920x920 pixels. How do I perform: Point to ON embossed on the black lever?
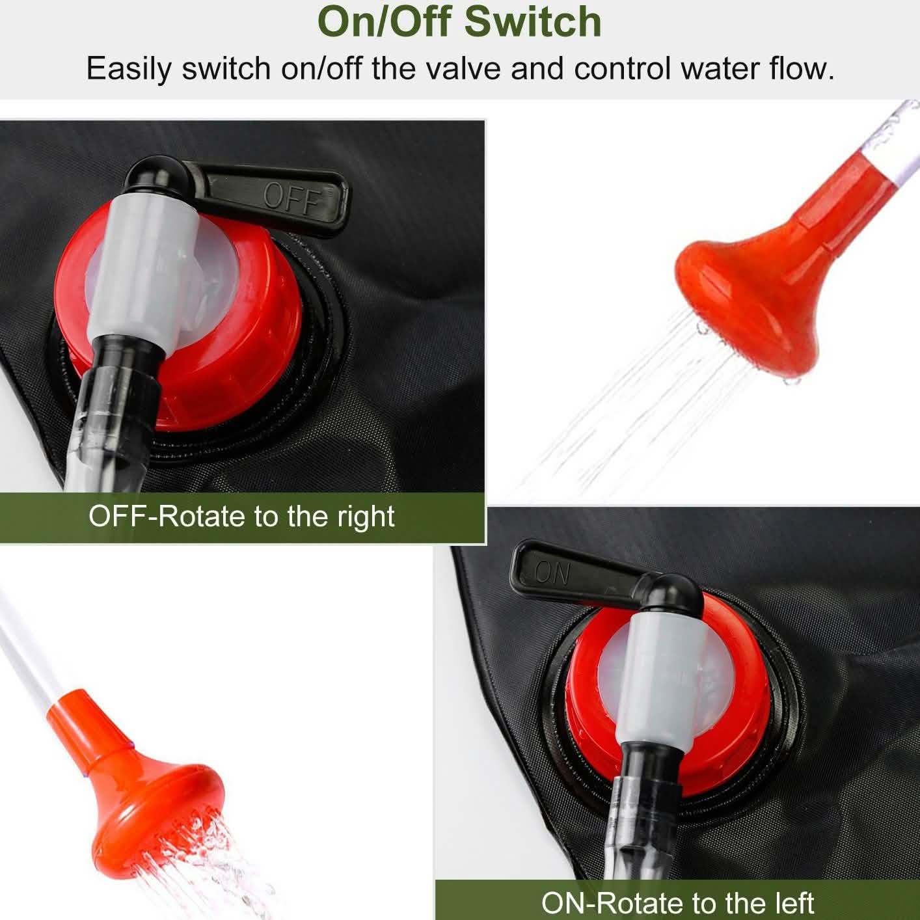553,573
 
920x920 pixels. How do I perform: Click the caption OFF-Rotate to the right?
241,517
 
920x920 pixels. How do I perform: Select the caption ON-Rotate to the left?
677,902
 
